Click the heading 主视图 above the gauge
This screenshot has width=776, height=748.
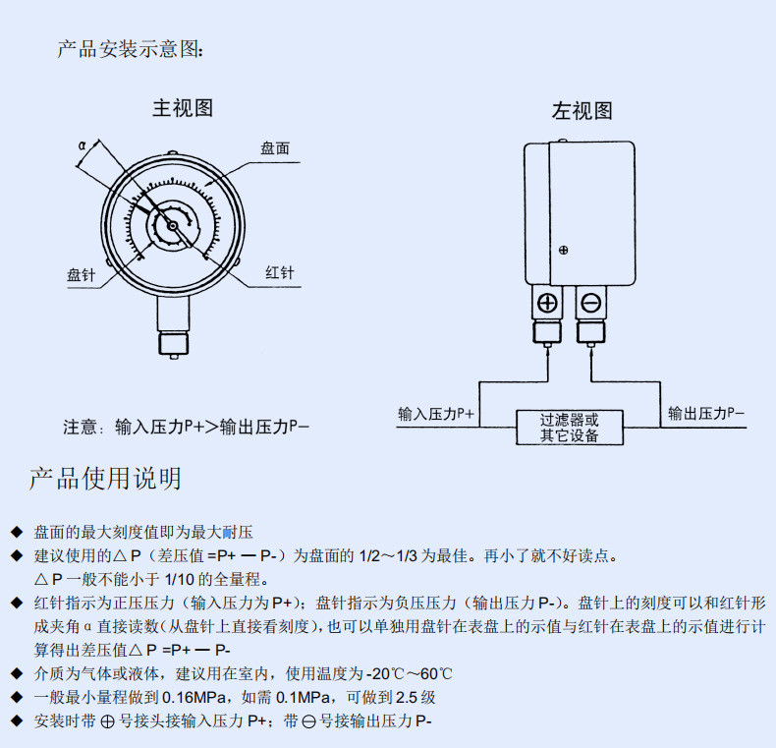[x=183, y=108]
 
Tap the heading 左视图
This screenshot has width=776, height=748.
[x=582, y=110]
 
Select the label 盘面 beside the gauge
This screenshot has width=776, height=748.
[x=275, y=148]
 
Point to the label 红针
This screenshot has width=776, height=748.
[x=280, y=272]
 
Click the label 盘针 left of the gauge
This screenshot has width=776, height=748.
[x=82, y=275]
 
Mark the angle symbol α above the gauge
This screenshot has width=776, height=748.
[x=83, y=145]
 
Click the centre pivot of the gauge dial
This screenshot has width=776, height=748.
[x=172, y=226]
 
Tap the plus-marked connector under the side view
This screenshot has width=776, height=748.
[x=547, y=303]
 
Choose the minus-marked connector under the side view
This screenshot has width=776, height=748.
[x=591, y=303]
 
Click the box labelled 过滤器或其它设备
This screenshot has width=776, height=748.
[x=569, y=427]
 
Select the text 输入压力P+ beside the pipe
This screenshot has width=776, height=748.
[x=436, y=414]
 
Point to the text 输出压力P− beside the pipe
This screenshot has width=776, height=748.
[x=706, y=413]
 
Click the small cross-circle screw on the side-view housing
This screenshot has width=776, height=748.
[x=563, y=251]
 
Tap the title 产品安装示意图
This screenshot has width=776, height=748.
[x=130, y=49]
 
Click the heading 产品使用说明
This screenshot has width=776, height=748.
[x=105, y=479]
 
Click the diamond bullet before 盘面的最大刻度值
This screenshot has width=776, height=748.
[x=17, y=532]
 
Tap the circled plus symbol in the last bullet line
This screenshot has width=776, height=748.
[x=107, y=721]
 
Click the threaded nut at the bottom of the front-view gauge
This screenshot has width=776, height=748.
[x=174, y=343]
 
